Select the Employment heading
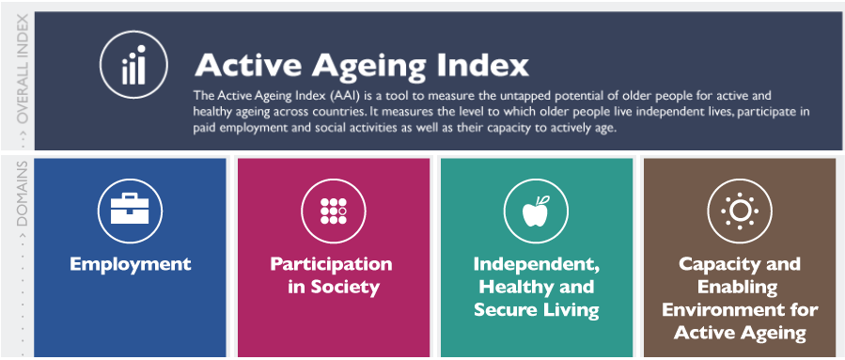pos(130,264)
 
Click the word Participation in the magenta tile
pos(331,264)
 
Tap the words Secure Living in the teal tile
pos(536,309)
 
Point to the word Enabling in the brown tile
pos(740,287)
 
